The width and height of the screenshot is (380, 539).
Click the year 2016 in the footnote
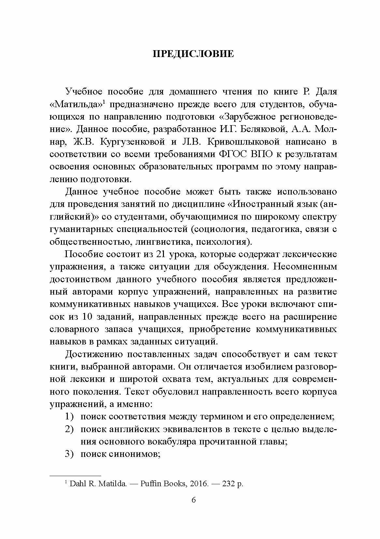(199, 484)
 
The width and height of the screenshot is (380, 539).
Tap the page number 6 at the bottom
(194, 509)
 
